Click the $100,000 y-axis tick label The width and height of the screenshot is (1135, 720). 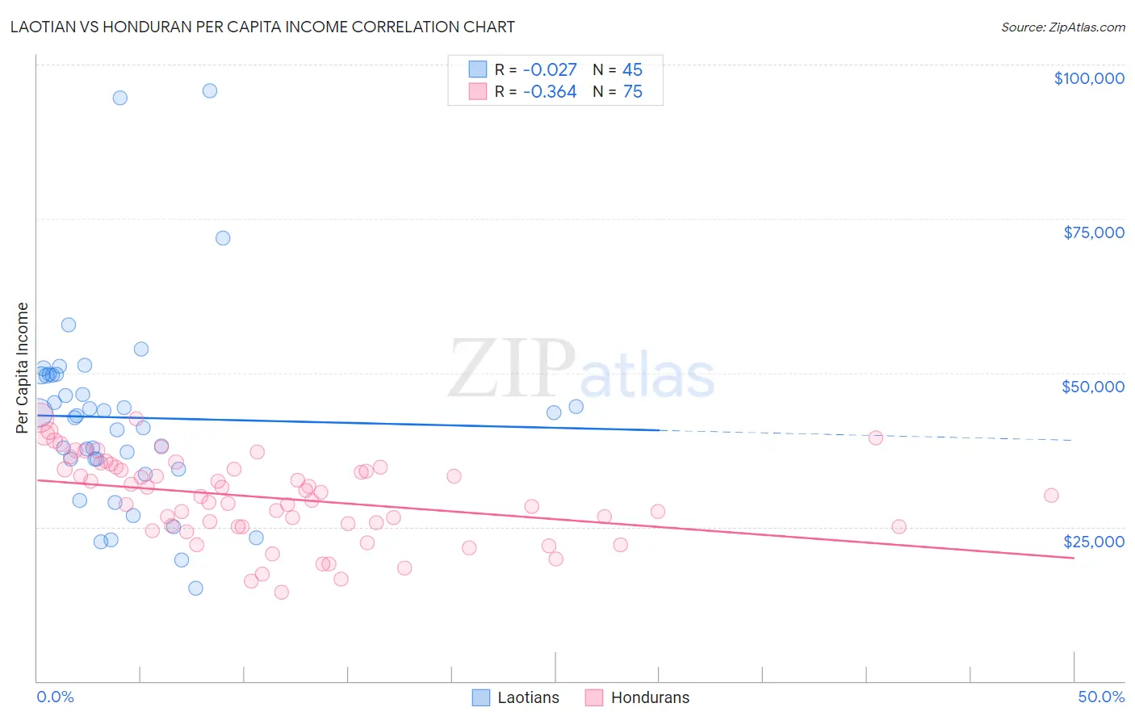pyautogui.click(x=1088, y=78)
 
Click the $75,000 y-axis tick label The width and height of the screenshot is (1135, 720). pyautogui.click(x=1093, y=232)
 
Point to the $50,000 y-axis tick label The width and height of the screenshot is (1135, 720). pyautogui.click(x=1092, y=387)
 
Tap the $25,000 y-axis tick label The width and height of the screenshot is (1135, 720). pyautogui.click(x=1093, y=542)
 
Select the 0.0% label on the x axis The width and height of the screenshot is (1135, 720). pyautogui.click(x=55, y=697)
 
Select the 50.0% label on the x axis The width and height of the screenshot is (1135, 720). pyautogui.click(x=1100, y=697)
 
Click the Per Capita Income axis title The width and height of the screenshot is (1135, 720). pyautogui.click(x=23, y=367)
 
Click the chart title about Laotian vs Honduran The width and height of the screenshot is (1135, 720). pyautogui.click(x=262, y=27)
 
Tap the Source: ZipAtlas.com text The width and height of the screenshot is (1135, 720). pyautogui.click(x=1062, y=27)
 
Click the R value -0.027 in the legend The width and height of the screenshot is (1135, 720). pyautogui.click(x=550, y=70)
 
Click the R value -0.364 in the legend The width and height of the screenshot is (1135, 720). pyautogui.click(x=550, y=92)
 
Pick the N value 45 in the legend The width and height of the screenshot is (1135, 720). pyautogui.click(x=632, y=70)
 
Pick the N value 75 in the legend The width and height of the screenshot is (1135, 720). pyautogui.click(x=632, y=92)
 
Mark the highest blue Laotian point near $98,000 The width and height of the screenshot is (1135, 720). pyautogui.click(x=210, y=90)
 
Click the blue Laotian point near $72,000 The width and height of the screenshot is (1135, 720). pyautogui.click(x=223, y=238)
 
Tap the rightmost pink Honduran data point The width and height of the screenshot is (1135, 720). pyautogui.click(x=1051, y=496)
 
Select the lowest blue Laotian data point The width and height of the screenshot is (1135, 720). pyautogui.click(x=195, y=588)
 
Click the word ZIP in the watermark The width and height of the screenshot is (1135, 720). pyautogui.click(x=512, y=369)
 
